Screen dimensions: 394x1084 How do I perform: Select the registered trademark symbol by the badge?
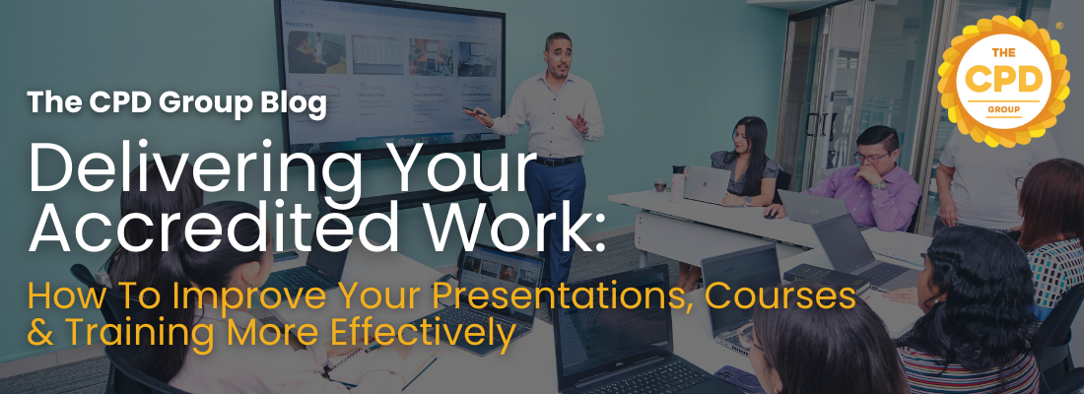pyautogui.click(x=1058, y=27)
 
